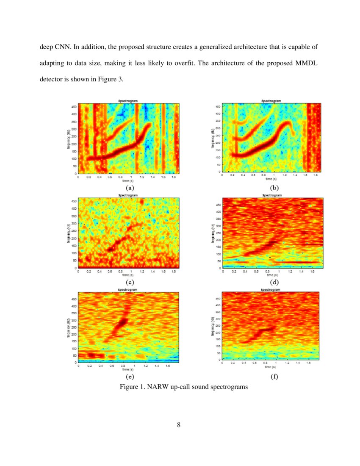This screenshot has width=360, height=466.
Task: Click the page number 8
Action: pos(179,425)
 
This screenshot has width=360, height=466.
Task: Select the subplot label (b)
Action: pos(274,187)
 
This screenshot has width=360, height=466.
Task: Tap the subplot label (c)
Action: pos(129,282)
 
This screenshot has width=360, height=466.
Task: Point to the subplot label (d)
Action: pos(274,282)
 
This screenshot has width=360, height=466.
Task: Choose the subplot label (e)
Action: pos(129,377)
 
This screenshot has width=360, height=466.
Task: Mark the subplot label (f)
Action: pos(274,377)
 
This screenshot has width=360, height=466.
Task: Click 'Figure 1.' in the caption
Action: pos(133,387)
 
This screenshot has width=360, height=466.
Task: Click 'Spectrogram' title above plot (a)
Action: pos(128,100)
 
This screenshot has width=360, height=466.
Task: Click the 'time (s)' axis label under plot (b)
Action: pos(271,179)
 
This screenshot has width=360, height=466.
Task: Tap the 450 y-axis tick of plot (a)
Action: pos(74,107)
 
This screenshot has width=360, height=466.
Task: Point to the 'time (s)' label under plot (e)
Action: pos(129,369)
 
